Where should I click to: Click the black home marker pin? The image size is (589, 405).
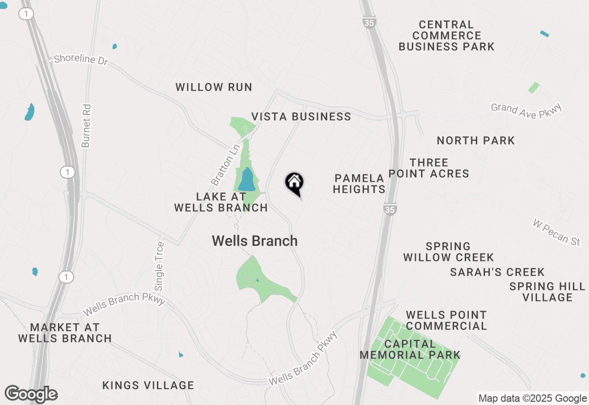[294, 184]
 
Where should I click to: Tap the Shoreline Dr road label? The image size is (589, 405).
[81, 60]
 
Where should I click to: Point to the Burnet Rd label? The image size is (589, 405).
[86, 126]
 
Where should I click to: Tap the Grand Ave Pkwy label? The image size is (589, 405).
[527, 110]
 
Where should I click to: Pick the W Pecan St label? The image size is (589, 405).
[556, 232]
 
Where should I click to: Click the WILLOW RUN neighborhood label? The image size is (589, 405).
[214, 87]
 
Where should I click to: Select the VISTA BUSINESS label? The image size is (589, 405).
[301, 116]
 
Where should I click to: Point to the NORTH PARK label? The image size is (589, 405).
[476, 140]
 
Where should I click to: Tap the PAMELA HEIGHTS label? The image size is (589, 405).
[359, 184]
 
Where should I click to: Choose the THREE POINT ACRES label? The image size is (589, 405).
[429, 168]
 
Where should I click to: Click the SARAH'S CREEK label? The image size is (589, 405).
[497, 272]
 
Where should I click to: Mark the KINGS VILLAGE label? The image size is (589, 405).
[148, 385]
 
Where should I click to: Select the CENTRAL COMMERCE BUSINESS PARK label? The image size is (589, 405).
[446, 35]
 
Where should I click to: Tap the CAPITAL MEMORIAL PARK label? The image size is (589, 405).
[410, 349]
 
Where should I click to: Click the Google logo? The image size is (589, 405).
[31, 394]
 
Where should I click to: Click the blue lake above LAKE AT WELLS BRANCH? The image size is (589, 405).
[247, 180]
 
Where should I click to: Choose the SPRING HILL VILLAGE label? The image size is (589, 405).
[547, 292]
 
